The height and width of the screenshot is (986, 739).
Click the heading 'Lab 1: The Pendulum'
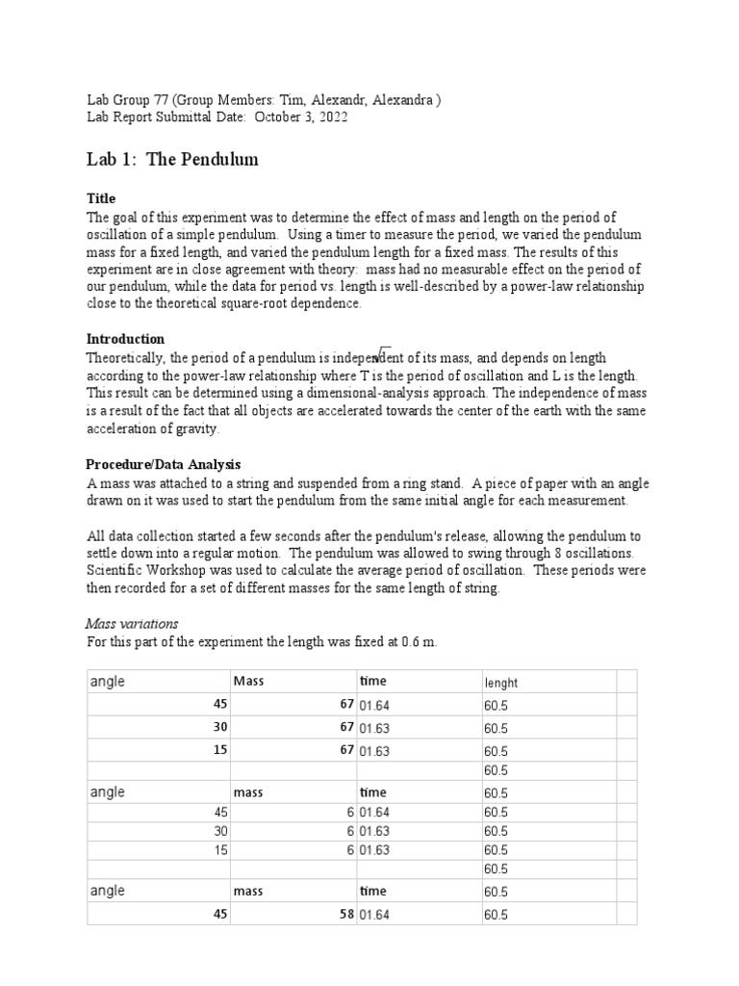pyautogui.click(x=172, y=160)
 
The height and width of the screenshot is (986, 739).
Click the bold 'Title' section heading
pyautogui.click(x=101, y=198)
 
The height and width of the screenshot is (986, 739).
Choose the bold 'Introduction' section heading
pyautogui.click(x=125, y=339)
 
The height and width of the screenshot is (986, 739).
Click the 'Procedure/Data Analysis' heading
pyautogui.click(x=164, y=464)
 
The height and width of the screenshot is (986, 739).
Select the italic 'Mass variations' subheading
pyautogui.click(x=132, y=624)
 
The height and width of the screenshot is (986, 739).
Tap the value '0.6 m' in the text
pyautogui.click(x=419, y=641)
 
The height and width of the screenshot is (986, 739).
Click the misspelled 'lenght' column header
pyautogui.click(x=501, y=683)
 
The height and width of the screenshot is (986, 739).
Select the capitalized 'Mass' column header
pyautogui.click(x=248, y=682)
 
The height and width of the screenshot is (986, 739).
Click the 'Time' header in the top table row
pyautogui.click(x=372, y=682)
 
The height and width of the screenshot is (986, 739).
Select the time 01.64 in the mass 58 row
pyautogui.click(x=375, y=915)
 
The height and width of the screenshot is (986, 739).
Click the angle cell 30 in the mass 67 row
pyautogui.click(x=220, y=727)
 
